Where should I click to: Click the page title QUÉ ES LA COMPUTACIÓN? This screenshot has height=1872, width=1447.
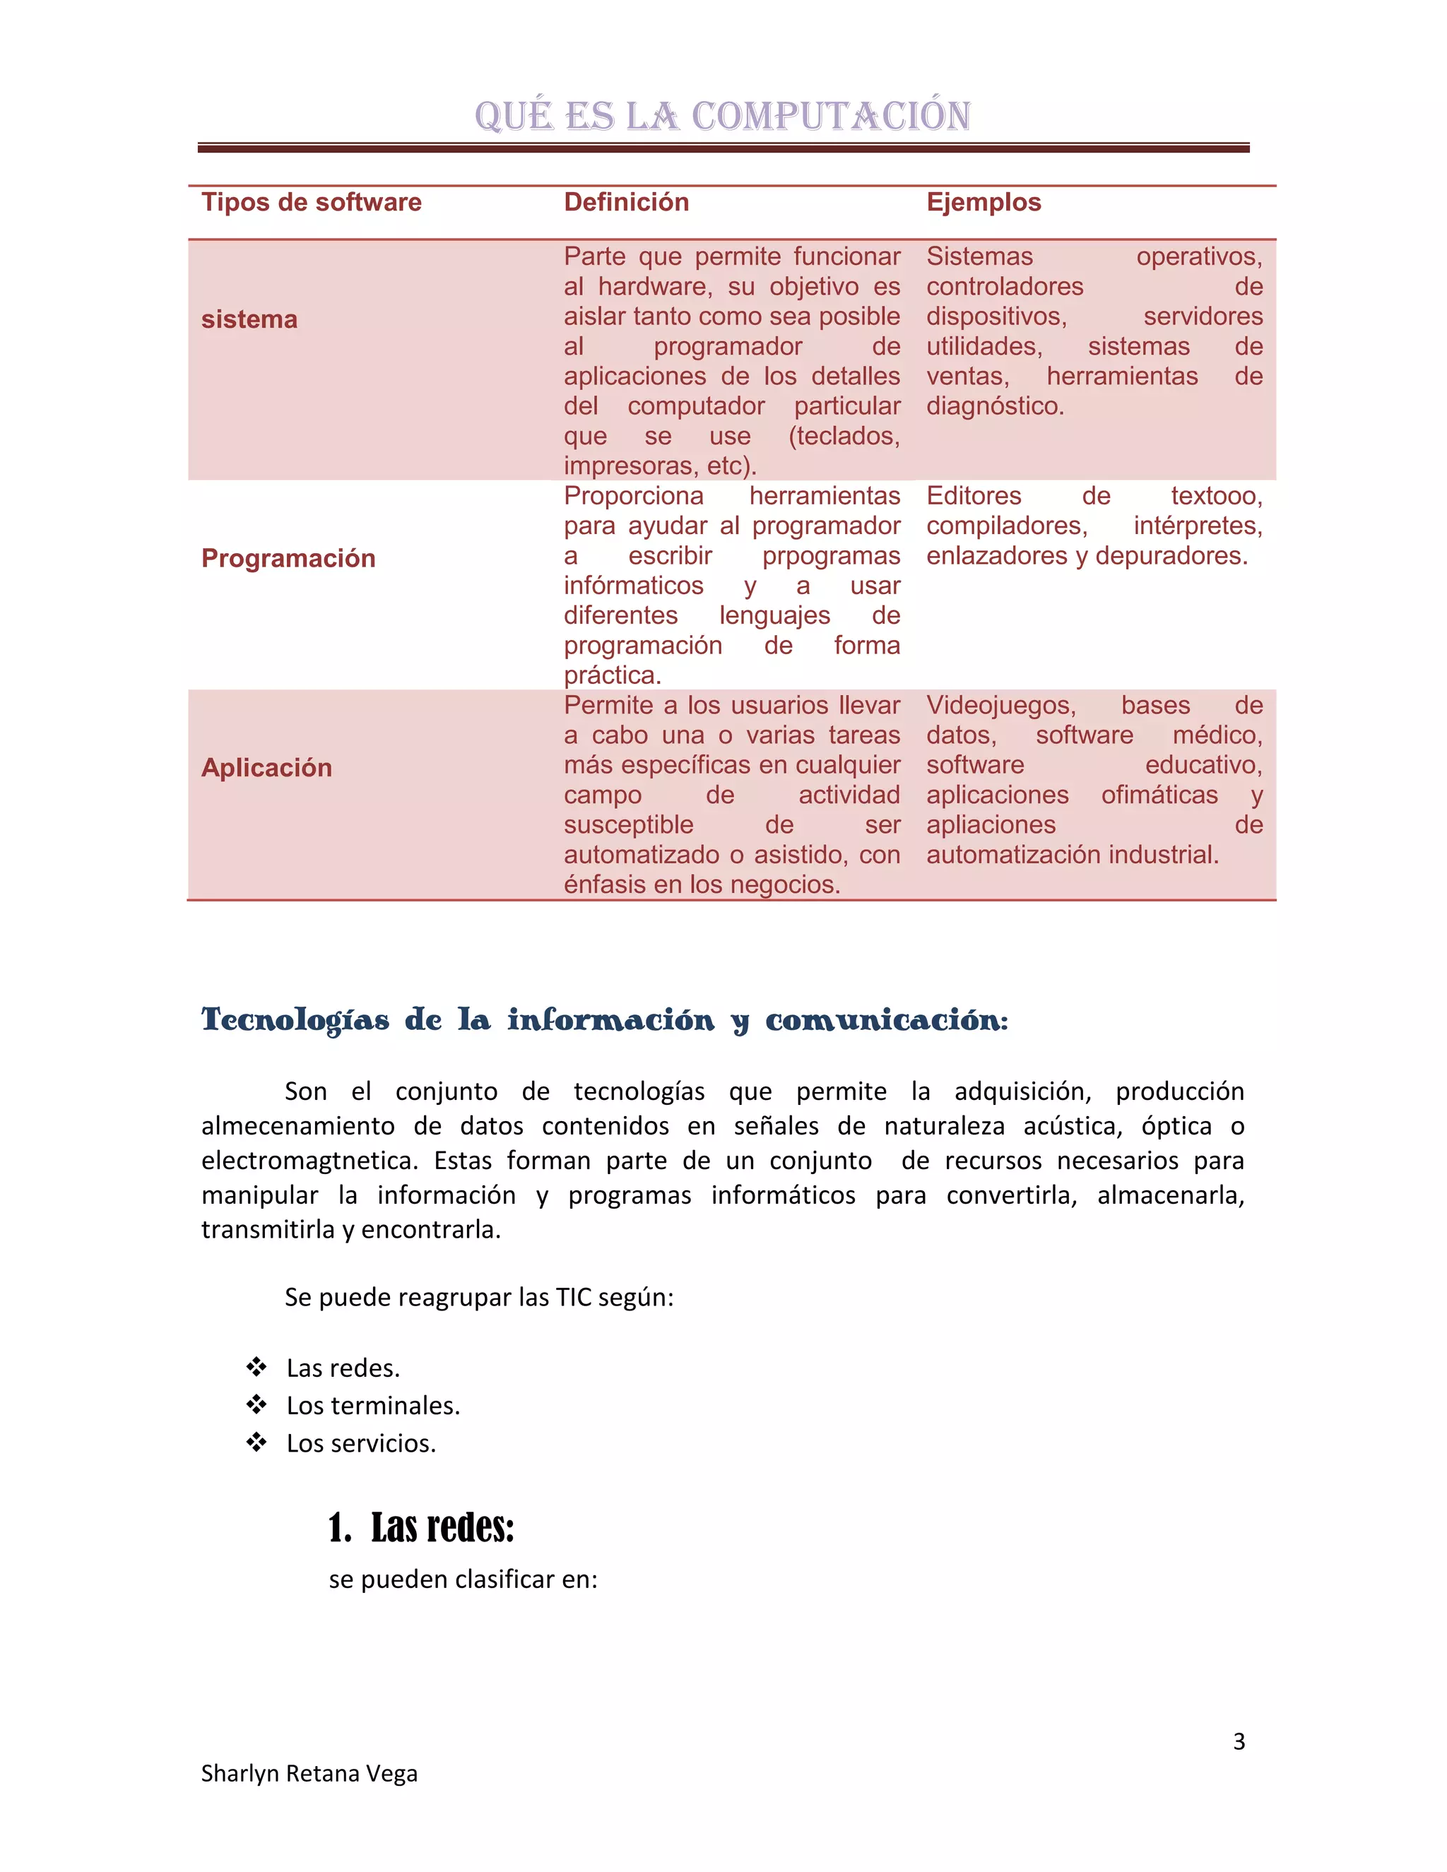point(723,116)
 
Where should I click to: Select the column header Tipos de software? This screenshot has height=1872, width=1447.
point(311,202)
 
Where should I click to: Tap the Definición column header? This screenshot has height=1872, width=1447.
point(626,202)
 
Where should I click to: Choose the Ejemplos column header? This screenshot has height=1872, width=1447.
point(984,202)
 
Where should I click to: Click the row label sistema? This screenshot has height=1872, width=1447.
point(249,320)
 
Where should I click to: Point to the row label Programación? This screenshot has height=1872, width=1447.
point(288,558)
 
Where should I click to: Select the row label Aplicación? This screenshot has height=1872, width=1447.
point(266,767)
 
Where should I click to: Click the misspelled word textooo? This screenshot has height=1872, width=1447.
point(1215,497)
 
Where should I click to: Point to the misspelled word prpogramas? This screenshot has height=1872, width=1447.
point(831,556)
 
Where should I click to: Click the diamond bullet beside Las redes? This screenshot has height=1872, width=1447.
point(256,1367)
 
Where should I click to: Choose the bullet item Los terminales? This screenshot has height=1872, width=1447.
point(373,1406)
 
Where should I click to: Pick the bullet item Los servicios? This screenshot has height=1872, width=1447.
point(361,1443)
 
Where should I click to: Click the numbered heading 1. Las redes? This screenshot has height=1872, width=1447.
point(421,1528)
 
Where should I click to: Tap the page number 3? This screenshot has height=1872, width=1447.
point(1239,1742)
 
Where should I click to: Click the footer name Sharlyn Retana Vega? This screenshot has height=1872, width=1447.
point(309,1773)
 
